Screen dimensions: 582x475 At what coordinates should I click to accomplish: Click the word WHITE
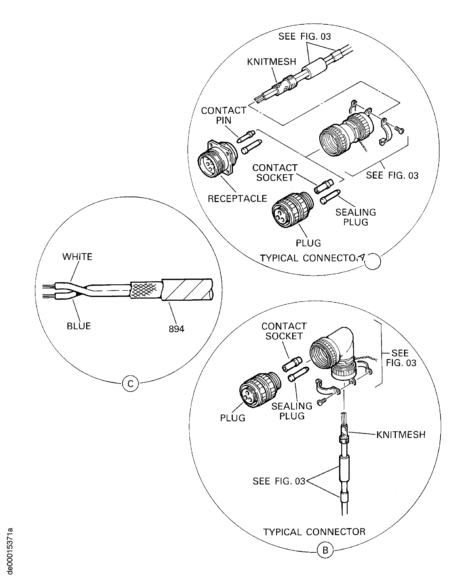pos(77,257)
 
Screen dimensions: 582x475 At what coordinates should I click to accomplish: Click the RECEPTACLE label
pos(237,199)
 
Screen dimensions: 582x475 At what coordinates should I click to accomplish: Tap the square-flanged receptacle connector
pos(216,159)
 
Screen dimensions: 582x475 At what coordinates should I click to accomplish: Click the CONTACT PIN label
pos(223,115)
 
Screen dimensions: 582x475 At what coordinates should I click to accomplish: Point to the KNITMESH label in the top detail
pos(271,62)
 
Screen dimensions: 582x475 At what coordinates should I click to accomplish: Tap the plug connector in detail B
pos(259,390)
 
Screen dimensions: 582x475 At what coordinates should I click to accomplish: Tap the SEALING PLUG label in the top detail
pos(356,217)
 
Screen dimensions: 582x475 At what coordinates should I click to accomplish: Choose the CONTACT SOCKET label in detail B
pos(284,331)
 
